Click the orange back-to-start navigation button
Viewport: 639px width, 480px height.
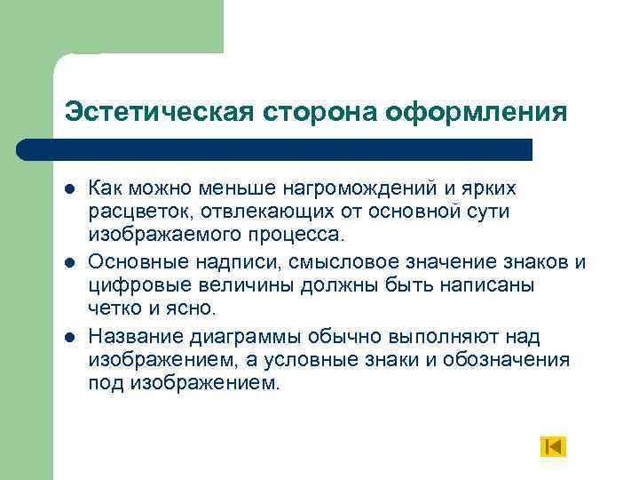552,446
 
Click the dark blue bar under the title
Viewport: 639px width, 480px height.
275,148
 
